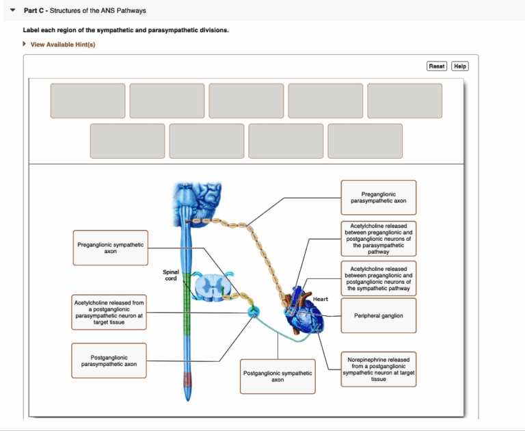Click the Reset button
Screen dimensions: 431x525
437,66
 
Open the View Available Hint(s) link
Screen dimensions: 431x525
62,44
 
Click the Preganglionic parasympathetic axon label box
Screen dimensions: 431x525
378,198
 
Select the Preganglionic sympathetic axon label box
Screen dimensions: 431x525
110,248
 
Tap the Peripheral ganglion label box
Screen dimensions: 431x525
378,316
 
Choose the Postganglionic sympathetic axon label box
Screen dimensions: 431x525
278,376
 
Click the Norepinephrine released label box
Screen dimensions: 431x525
378,369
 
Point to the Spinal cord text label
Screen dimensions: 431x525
170,275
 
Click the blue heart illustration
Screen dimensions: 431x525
304,315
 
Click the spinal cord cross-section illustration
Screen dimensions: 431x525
214,287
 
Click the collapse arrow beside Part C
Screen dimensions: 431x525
13,11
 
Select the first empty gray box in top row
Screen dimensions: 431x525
87,101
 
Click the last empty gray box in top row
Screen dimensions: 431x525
404,101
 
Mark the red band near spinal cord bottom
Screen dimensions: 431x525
188,380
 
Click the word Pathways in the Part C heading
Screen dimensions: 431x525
130,11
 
